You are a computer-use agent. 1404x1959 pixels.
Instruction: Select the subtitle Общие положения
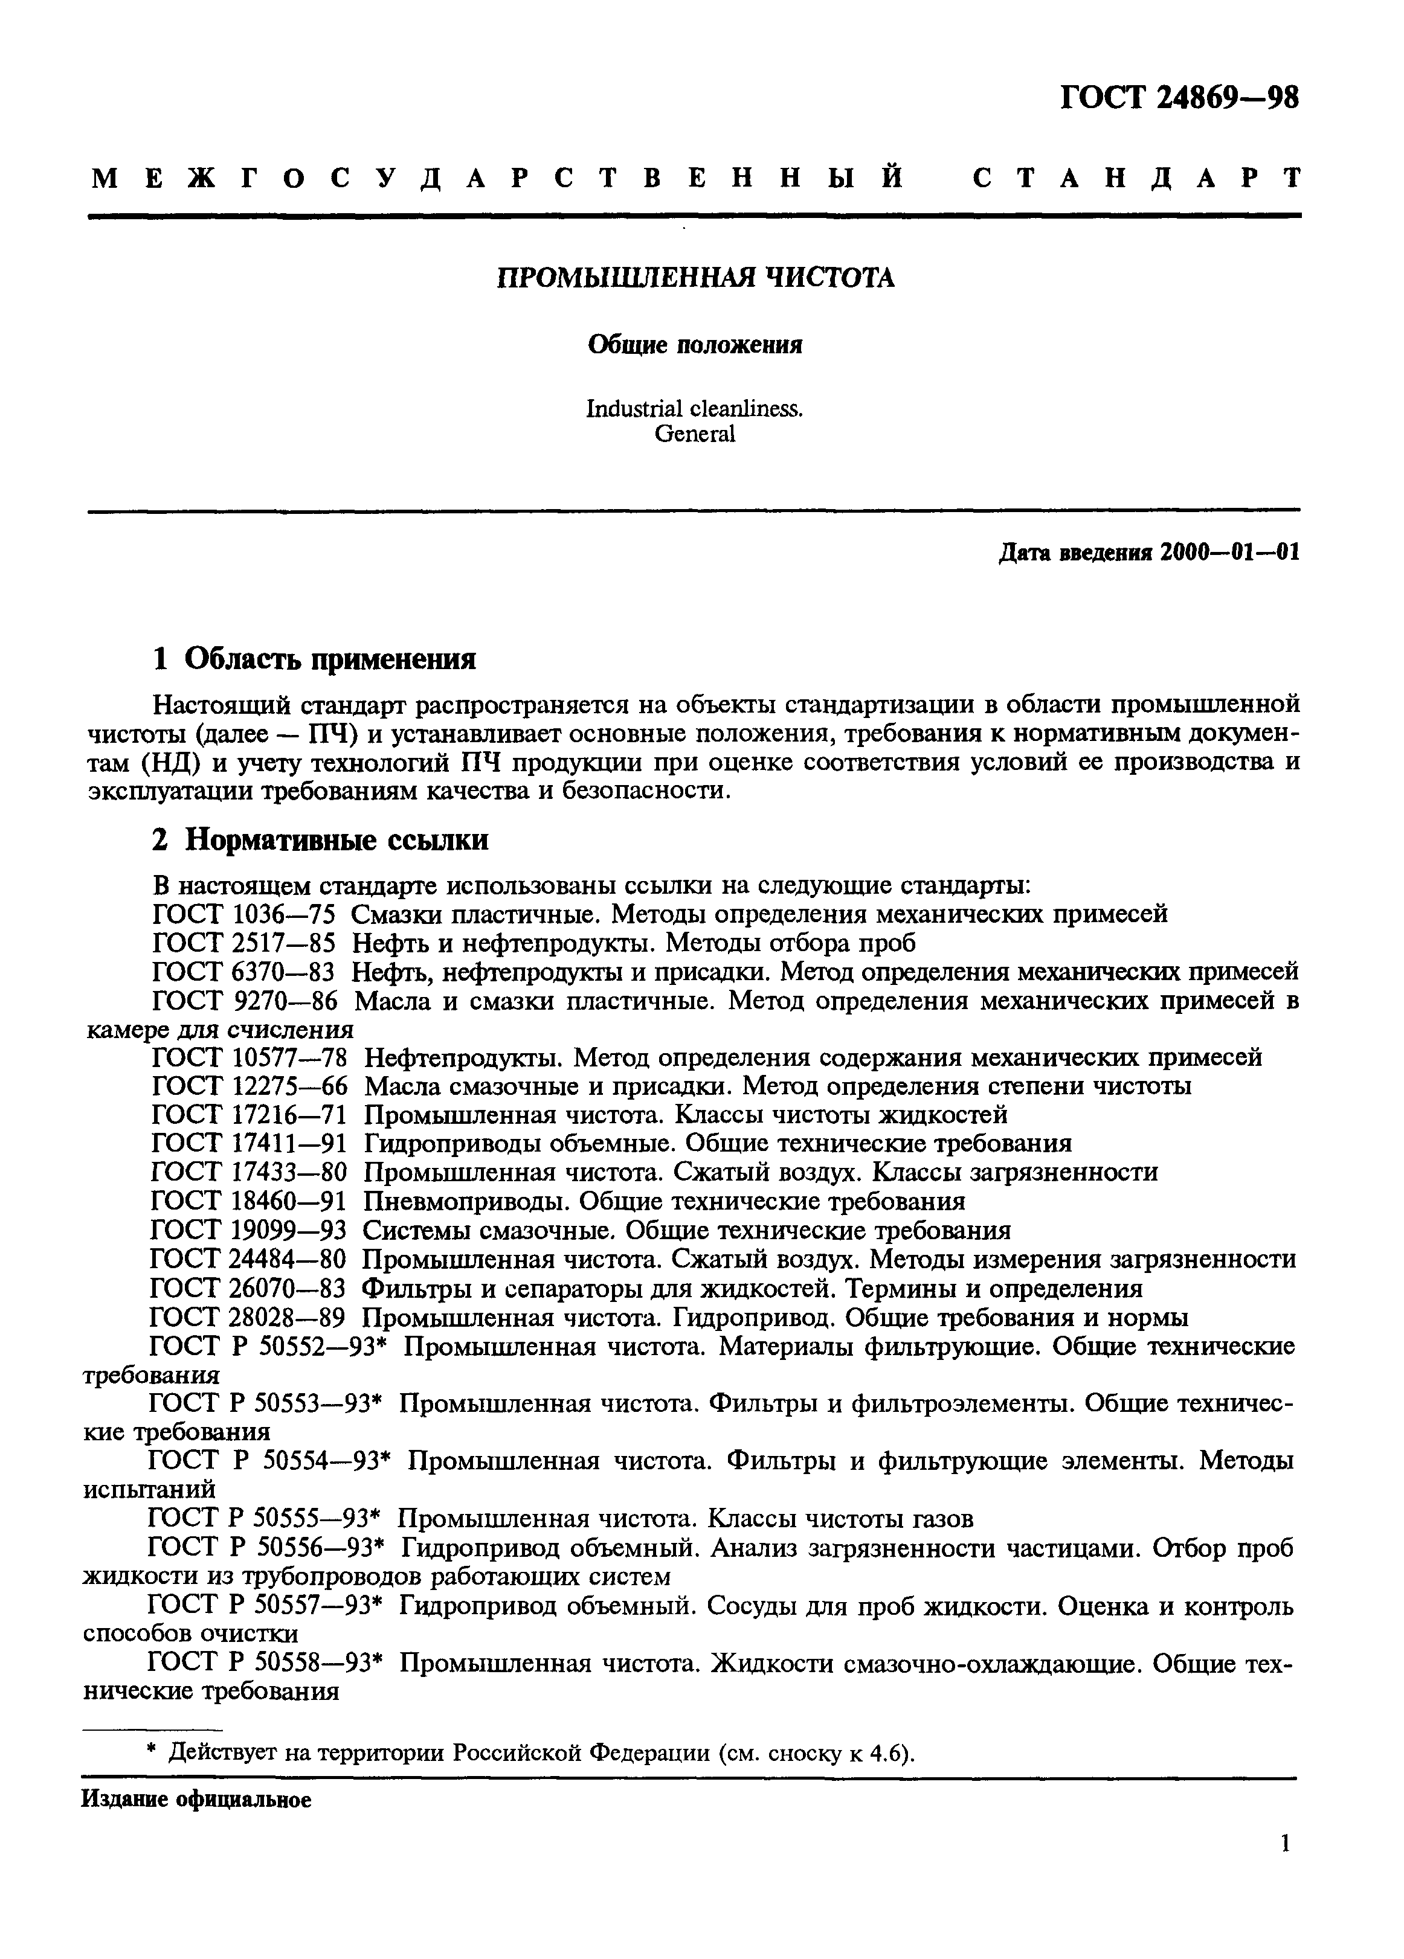pos(695,345)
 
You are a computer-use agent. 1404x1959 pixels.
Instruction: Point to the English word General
pos(695,434)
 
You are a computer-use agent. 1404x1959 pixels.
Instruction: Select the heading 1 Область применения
pos(315,659)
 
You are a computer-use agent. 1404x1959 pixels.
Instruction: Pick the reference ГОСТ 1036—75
pos(243,914)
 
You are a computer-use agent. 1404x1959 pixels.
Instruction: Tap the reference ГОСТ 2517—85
pos(243,942)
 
